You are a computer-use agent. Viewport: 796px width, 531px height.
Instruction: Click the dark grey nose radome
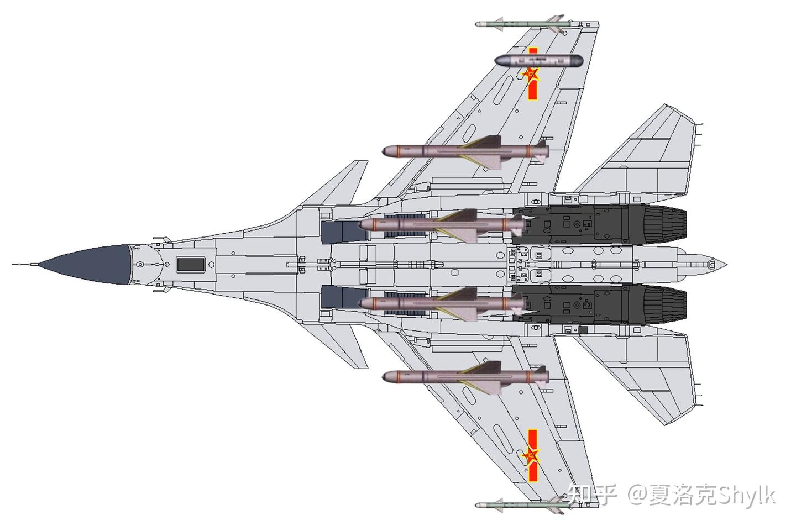[91, 265]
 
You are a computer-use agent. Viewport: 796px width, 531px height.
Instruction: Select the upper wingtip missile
[520, 24]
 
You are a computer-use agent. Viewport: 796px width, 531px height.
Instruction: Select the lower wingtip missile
[520, 505]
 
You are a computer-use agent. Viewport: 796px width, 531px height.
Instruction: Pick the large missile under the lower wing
[464, 377]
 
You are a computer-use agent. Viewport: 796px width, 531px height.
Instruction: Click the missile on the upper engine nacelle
[442, 224]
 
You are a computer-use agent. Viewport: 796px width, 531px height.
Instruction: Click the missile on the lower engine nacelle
[442, 303]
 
